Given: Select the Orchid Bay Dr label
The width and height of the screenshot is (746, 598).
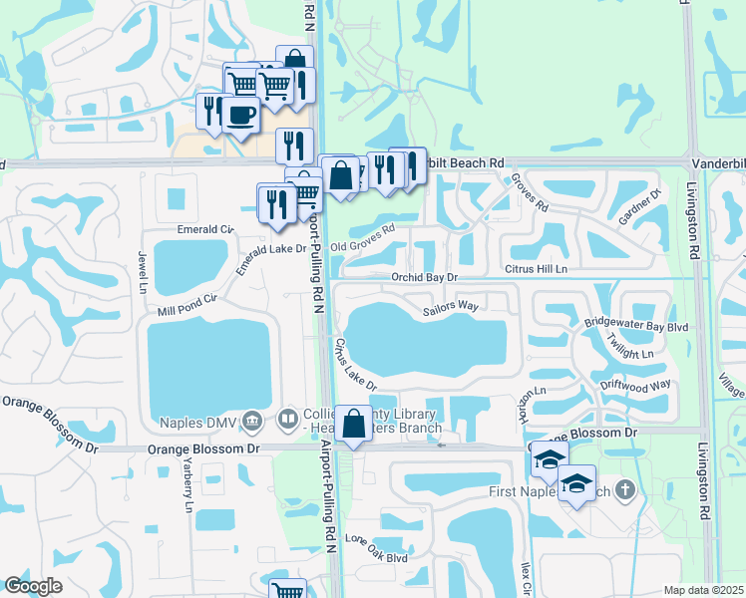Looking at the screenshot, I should tap(423, 277).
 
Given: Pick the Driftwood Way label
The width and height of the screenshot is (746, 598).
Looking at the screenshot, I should tap(636, 385).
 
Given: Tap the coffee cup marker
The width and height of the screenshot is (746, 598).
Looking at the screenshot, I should tap(239, 117).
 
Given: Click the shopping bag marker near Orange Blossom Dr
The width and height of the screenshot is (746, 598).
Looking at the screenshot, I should tap(354, 424).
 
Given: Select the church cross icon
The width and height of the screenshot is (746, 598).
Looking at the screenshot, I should tap(624, 489).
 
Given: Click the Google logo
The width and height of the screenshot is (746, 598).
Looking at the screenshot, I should tap(33, 586).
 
